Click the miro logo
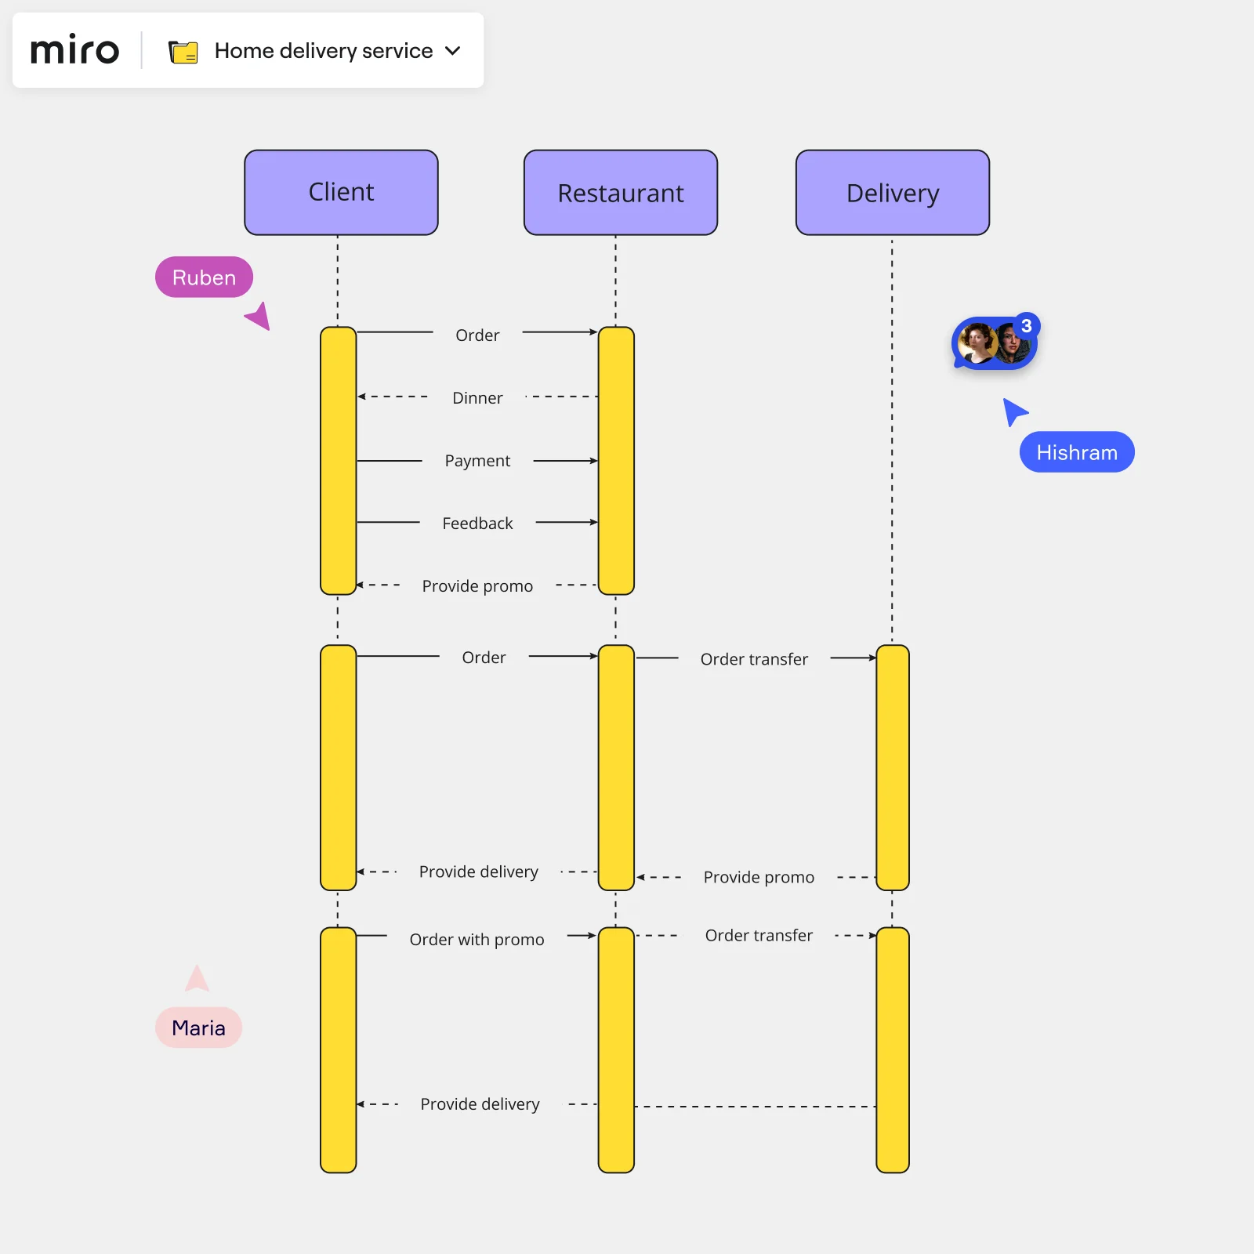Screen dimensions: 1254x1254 74,51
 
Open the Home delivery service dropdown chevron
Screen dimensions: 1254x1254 452,51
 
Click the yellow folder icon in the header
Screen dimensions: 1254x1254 183,52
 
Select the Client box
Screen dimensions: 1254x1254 341,193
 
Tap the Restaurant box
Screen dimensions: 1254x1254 620,193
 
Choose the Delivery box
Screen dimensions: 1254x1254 892,193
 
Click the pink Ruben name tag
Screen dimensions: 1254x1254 204,277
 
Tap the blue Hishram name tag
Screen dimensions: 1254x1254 1076,452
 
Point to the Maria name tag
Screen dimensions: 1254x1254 198,1027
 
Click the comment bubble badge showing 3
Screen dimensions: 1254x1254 1026,325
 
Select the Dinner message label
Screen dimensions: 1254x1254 477,398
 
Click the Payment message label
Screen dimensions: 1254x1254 477,461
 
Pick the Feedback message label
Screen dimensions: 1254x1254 477,524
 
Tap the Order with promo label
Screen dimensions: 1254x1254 477,939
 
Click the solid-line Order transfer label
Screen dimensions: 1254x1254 754,659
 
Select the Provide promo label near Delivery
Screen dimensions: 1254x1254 759,877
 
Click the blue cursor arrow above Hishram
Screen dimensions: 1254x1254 1013,411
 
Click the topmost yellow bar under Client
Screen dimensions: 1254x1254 338,461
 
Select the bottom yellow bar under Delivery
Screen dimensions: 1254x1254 892,1050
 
